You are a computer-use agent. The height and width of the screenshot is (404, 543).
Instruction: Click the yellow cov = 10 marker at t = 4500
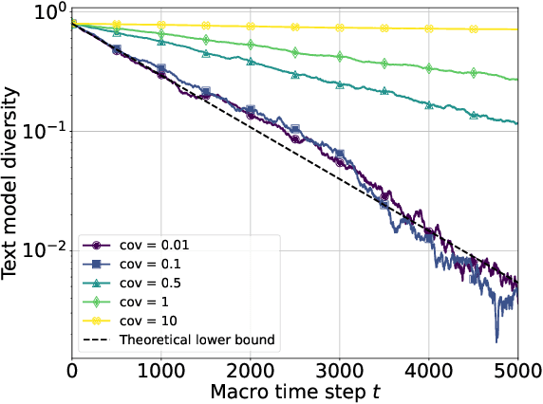click(x=474, y=28)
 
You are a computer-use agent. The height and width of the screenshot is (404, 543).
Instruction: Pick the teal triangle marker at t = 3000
click(x=340, y=84)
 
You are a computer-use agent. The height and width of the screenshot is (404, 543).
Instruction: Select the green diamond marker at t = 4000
click(x=429, y=68)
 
